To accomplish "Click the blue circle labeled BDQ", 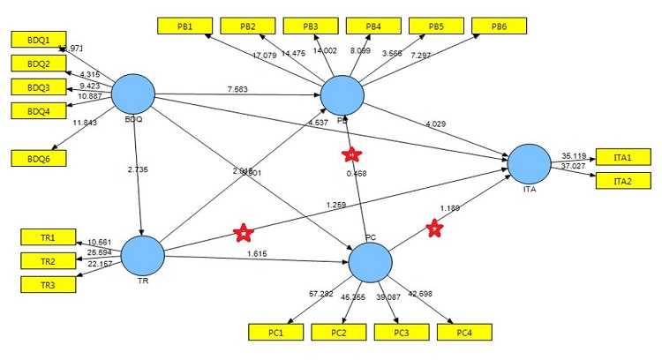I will pyautogui.click(x=133, y=94).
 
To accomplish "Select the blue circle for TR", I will pyautogui.click(x=142, y=255).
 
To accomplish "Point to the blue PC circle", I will pyautogui.click(x=371, y=262).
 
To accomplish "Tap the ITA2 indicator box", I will pyautogui.click(x=623, y=181).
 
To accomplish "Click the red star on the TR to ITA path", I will pyautogui.click(x=243, y=233).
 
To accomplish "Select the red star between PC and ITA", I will pyautogui.click(x=434, y=229).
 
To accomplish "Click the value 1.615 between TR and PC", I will pyautogui.click(x=255, y=253).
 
